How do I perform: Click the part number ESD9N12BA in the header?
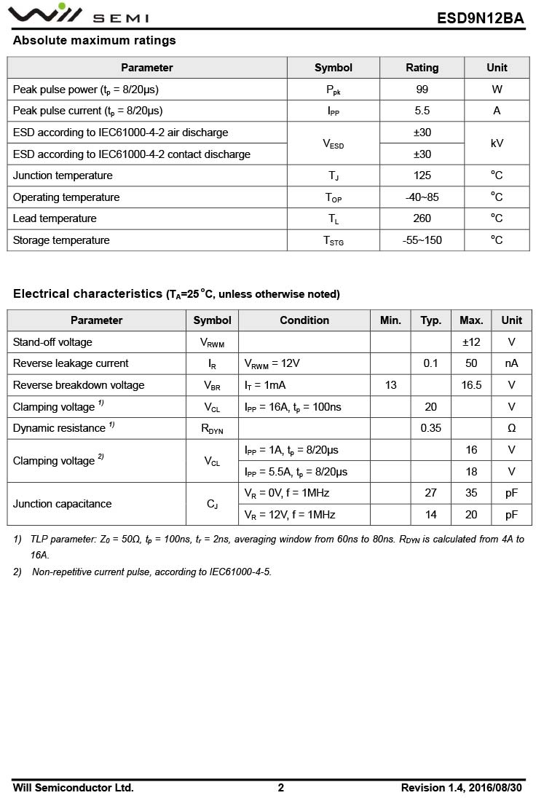click(480, 18)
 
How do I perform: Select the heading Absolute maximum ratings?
click(94, 41)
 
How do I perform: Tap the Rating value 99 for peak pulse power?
click(422, 90)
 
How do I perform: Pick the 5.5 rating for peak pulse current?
click(422, 111)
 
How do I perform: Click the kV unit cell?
click(497, 143)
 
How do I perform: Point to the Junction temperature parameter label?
click(63, 175)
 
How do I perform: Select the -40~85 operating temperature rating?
click(422, 197)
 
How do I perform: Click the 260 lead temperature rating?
click(422, 218)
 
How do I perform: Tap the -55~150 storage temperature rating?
click(422, 240)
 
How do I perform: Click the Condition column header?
click(304, 320)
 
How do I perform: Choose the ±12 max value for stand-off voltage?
click(471, 342)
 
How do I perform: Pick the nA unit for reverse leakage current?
click(511, 363)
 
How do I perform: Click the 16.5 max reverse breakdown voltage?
click(471, 385)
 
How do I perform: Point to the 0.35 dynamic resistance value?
click(430, 428)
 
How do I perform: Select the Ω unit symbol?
click(511, 428)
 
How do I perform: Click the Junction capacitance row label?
click(63, 504)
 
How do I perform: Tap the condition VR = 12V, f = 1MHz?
click(290, 515)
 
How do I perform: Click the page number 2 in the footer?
click(281, 788)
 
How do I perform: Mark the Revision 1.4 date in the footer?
click(461, 788)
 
